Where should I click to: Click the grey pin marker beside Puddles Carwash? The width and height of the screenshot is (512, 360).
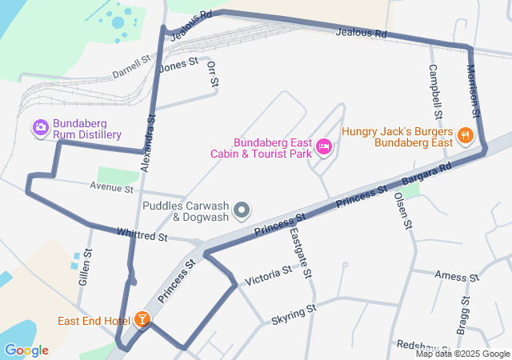point(242,211)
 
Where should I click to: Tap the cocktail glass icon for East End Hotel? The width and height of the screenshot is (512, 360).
point(142,320)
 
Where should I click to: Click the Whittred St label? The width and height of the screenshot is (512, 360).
point(142,237)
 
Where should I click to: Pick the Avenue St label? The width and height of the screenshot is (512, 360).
point(111,189)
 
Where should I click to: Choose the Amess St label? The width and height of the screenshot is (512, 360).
point(456,276)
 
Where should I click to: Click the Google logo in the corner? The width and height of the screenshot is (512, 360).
point(26,350)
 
